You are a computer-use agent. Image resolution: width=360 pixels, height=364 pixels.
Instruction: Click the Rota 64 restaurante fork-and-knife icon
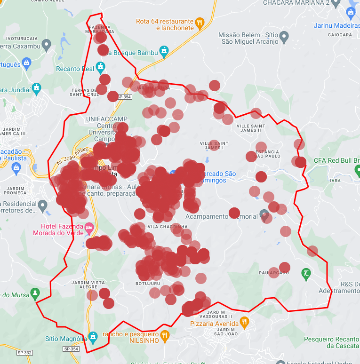[200, 22]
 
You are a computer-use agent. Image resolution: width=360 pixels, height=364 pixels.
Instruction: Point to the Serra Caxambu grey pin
[46, 45]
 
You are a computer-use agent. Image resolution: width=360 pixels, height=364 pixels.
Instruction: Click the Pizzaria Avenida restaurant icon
[244, 323]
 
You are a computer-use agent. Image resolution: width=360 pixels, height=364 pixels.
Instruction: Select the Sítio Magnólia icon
[93, 336]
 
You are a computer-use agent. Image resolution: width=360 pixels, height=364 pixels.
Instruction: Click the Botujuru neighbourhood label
[148, 284]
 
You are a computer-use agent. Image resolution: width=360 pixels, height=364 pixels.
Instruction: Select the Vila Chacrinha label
[168, 227]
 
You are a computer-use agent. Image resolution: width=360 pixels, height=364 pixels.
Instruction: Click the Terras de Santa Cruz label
[85, 92]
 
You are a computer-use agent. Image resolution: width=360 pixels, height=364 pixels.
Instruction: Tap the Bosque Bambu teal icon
[164, 51]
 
